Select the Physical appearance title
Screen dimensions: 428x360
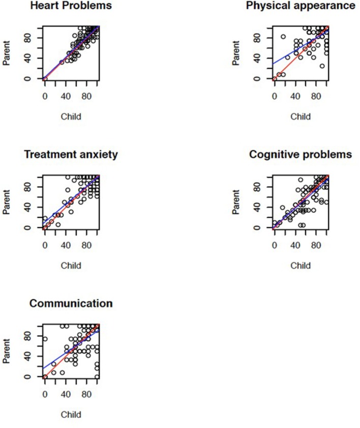[x=300, y=6]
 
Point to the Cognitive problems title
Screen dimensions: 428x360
[x=300, y=155]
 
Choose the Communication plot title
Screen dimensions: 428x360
[x=71, y=303]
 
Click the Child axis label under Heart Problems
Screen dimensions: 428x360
[x=71, y=117]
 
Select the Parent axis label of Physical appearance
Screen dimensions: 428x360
[x=236, y=53]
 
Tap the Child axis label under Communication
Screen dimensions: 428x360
[x=71, y=414]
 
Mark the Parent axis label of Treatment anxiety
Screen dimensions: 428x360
[x=6, y=202]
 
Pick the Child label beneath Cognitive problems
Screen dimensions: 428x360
[x=300, y=265]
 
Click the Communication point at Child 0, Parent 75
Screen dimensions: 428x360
[x=45, y=339]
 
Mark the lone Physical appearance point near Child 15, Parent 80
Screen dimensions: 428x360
[x=283, y=37]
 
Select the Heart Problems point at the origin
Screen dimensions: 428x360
[x=45, y=79]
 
